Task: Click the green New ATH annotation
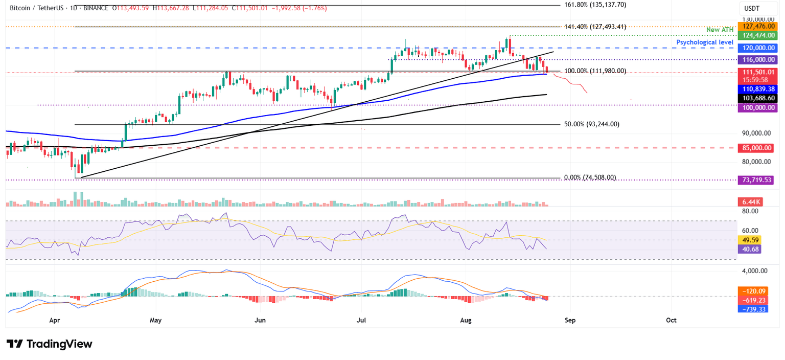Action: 720,30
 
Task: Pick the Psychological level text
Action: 705,42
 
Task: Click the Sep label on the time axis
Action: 570,320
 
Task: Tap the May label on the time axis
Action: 156,320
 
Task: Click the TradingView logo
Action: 50,344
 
